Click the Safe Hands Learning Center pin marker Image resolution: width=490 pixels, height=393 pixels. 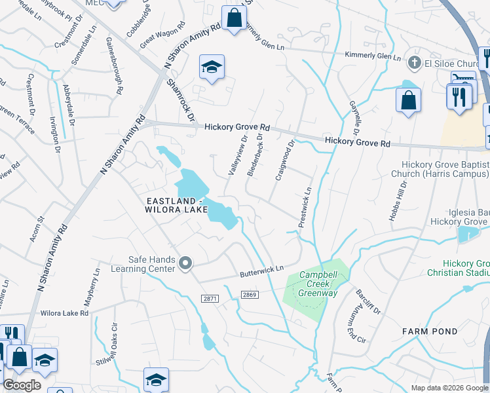pos(185,264)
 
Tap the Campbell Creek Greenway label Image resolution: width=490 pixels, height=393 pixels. pos(318,284)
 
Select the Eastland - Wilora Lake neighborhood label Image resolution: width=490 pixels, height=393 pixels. pos(172,204)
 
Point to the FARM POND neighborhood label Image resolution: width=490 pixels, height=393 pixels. pos(429,331)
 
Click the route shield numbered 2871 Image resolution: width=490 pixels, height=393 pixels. pos(210,298)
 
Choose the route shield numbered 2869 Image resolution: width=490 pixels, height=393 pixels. pos(250,295)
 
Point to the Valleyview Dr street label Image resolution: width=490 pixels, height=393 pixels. pos(236,156)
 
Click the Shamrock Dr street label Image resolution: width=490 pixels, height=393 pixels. pos(180,100)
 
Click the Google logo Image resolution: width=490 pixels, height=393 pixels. pos(22,385)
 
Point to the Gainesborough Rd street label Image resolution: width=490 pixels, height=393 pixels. pos(115,66)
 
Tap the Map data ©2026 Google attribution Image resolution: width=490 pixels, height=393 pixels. pos(449,388)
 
